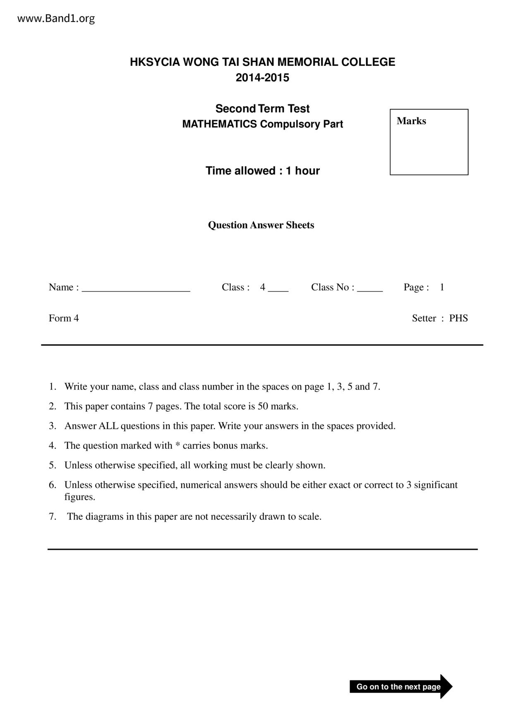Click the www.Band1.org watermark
pos(56,18)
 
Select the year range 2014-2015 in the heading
pos(262,78)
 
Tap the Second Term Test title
pos(262,108)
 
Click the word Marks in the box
pos(411,121)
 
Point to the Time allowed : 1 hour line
pos(262,171)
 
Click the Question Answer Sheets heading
pos(261,225)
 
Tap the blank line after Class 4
pos(278,289)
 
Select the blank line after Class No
pos(370,289)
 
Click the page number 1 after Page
pos(442,287)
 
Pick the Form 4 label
pos(64,318)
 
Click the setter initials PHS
pos(458,318)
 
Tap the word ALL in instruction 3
pos(108,426)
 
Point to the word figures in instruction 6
pos(79,497)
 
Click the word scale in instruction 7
pos(309,517)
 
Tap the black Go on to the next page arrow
pos(400,687)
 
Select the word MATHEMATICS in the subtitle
pos(219,124)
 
